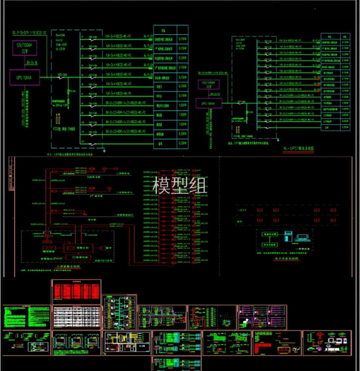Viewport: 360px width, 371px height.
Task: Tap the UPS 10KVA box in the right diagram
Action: pyautogui.click(x=209, y=103)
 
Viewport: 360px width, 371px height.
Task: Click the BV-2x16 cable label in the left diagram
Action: pyautogui.click(x=32, y=62)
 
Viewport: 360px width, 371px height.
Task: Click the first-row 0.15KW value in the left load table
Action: pyautogui.click(x=183, y=39)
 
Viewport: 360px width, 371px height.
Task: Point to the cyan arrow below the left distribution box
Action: pyautogui.click(x=104, y=150)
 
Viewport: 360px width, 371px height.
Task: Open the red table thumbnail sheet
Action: pyautogui.click(x=76, y=291)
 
